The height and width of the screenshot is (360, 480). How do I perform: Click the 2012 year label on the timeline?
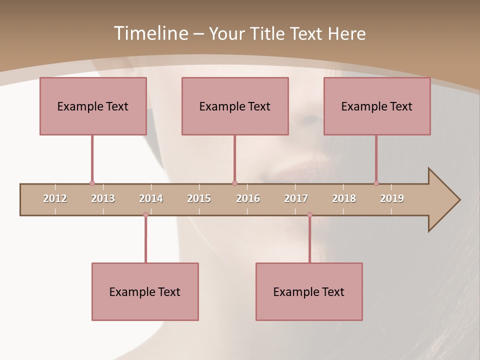55,198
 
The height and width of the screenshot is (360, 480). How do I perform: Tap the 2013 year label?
103,198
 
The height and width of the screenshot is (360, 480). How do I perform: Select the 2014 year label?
151,198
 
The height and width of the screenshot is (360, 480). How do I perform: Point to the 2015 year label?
199,198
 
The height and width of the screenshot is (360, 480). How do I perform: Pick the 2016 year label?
248,198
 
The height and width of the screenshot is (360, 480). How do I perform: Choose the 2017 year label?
296,198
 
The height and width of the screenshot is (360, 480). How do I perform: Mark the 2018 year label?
344,198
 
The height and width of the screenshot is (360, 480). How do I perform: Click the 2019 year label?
392,198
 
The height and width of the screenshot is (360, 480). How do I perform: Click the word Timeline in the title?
150,33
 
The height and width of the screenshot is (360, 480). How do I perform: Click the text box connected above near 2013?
93,106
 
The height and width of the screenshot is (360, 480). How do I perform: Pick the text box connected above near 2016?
235,106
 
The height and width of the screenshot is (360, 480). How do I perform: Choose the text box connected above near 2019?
377,106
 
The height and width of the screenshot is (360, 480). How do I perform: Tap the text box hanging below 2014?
145,291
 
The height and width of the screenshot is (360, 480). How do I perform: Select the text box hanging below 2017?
309,291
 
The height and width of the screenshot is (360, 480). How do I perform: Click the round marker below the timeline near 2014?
145,215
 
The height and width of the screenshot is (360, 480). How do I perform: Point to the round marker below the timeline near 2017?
309,215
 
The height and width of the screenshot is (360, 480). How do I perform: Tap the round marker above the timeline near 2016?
234,183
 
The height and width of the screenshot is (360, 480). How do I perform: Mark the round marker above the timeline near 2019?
376,183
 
